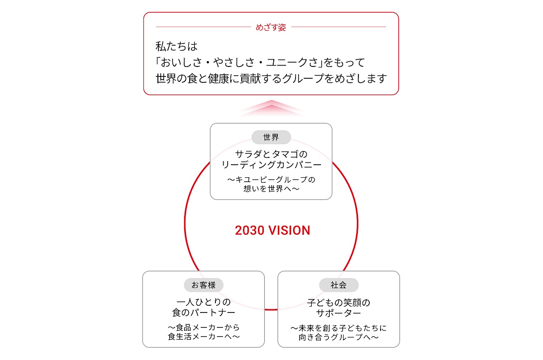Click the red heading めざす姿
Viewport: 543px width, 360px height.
pyautogui.click(x=271, y=28)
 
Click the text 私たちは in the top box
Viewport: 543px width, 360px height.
pyautogui.click(x=176, y=46)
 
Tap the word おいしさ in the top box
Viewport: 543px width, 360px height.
pyautogui.click(x=181, y=62)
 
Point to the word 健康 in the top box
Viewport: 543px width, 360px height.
pyautogui.click(x=219, y=79)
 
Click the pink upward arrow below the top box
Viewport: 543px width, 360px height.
pyautogui.click(x=271, y=108)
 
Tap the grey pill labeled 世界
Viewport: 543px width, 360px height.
pyautogui.click(x=271, y=137)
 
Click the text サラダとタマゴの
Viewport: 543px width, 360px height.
pyautogui.click(x=271, y=154)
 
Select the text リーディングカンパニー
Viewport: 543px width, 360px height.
pyautogui.click(x=271, y=165)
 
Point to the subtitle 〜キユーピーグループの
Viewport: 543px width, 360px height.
pyautogui.click(x=271, y=180)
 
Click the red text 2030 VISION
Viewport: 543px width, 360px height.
pyautogui.click(x=272, y=230)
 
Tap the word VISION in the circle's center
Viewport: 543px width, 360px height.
pyautogui.click(x=289, y=230)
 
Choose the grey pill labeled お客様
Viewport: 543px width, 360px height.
pyautogui.click(x=204, y=285)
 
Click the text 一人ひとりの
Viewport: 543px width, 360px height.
pyautogui.click(x=204, y=302)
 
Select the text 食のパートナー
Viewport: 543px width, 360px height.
pyautogui.click(x=204, y=313)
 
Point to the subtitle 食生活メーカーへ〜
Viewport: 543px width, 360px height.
pyautogui.click(x=204, y=336)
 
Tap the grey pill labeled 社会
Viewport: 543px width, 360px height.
pyautogui.click(x=338, y=285)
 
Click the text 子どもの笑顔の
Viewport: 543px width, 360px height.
pyautogui.click(x=338, y=303)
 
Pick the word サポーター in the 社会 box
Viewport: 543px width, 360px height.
pyautogui.click(x=338, y=313)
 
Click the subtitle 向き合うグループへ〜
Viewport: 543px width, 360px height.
pyautogui.click(x=338, y=337)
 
